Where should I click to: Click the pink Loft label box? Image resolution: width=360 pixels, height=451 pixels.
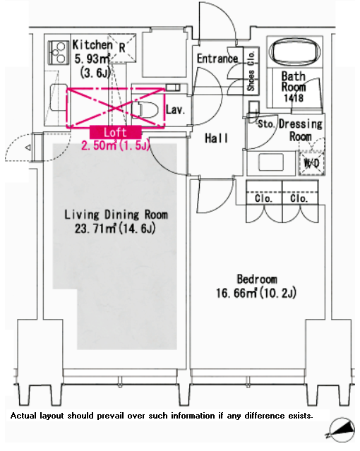click(x=116, y=132)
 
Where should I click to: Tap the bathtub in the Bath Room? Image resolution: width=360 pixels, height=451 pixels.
click(x=294, y=52)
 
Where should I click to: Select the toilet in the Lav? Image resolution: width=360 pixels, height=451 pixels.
click(x=145, y=109)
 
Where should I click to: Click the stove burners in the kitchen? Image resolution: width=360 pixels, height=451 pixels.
click(x=59, y=52)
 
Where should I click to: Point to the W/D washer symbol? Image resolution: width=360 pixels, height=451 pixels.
click(x=312, y=163)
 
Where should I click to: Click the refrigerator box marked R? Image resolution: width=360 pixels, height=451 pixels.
click(x=122, y=48)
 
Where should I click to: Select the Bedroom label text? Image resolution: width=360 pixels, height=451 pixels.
click(x=257, y=279)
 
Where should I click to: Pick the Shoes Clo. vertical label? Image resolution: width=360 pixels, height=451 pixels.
click(x=251, y=71)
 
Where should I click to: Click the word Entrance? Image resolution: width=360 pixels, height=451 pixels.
click(x=217, y=59)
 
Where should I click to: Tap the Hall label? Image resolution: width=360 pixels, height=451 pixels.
click(x=216, y=138)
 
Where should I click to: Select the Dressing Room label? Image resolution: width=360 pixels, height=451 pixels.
click(x=301, y=130)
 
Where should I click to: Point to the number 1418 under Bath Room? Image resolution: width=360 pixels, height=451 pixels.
click(x=294, y=98)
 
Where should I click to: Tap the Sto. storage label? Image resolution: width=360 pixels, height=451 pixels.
click(x=266, y=124)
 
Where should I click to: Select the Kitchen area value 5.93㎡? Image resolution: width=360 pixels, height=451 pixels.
click(x=92, y=59)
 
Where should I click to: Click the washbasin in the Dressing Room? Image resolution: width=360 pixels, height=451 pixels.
click(x=271, y=162)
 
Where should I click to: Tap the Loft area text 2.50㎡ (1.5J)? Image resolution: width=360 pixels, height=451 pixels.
click(x=116, y=145)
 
